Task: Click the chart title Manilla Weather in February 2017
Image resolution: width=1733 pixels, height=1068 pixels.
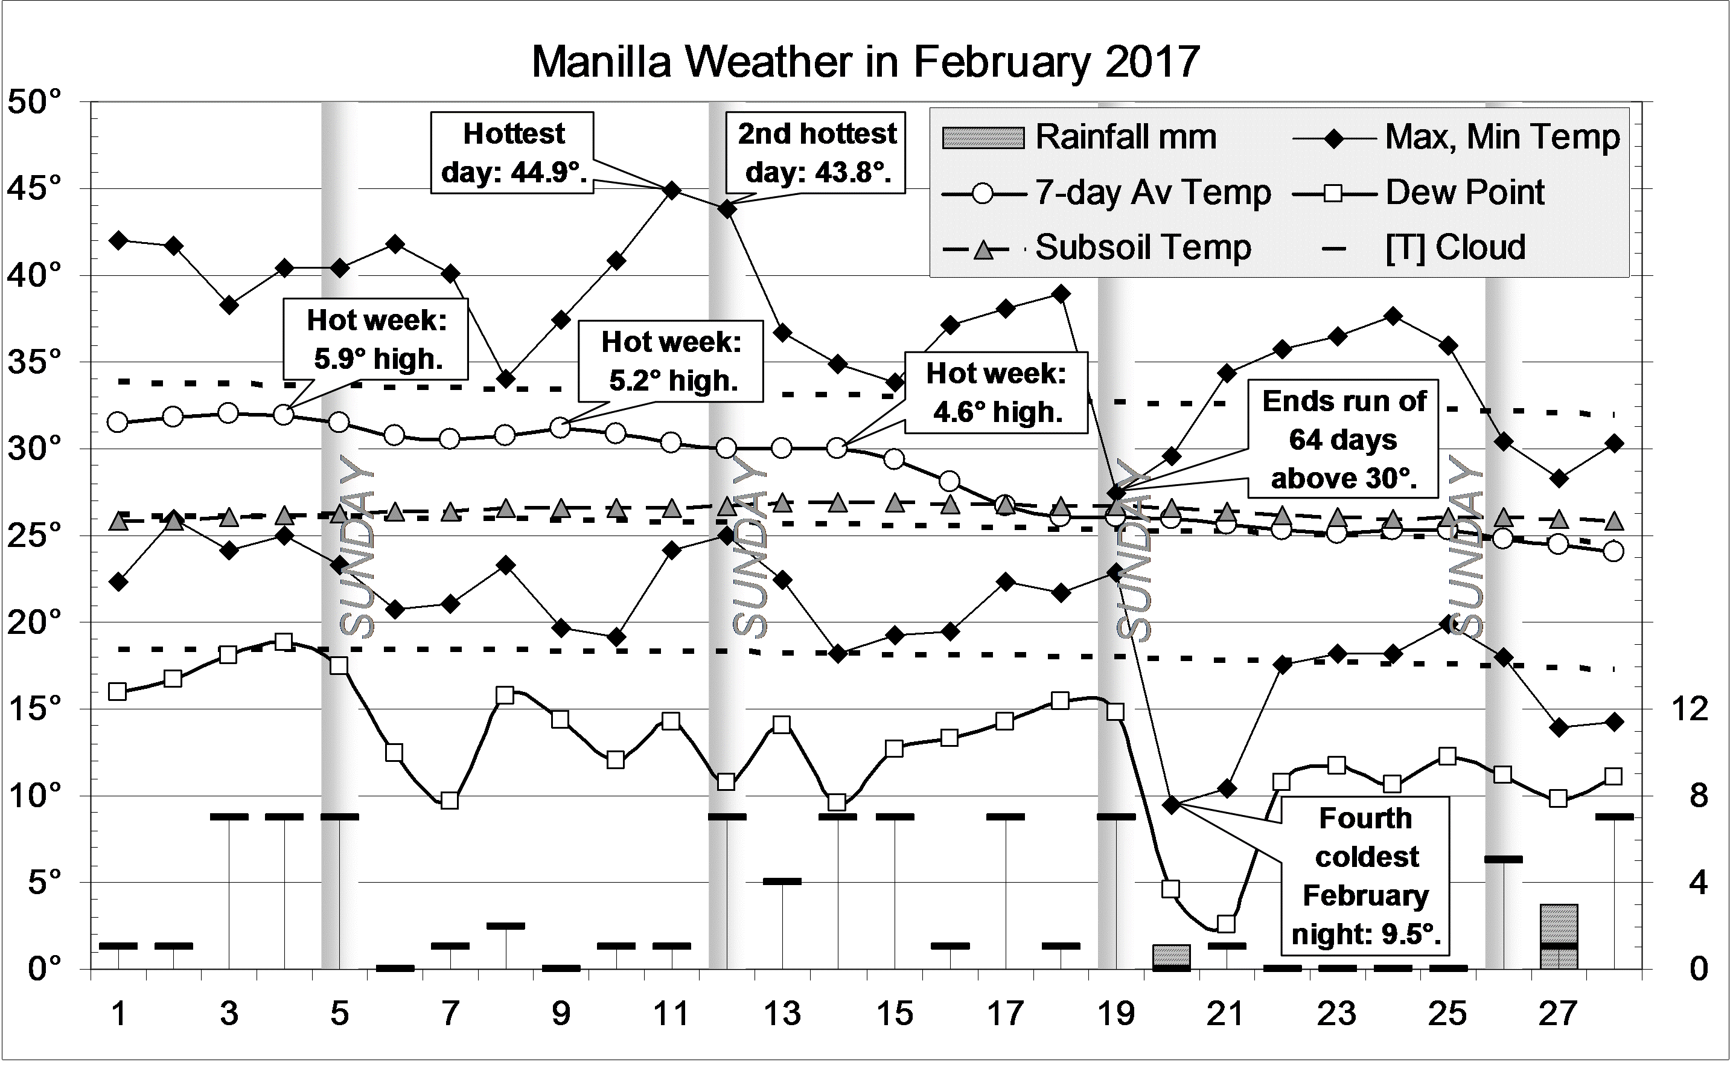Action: pos(865,62)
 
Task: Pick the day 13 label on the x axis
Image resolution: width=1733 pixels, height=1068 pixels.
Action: pos(782,1014)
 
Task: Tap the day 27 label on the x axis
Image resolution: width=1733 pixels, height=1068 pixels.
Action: pos(1557,1014)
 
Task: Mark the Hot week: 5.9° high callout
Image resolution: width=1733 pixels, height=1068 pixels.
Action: pos(377,340)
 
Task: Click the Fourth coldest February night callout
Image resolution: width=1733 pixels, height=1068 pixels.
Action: pos(1366,876)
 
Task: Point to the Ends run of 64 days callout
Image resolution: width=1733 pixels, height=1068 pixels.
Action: pos(1344,440)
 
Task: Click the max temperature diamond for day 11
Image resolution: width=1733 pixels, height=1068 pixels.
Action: pos(672,190)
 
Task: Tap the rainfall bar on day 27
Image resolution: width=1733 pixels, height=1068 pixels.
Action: pos(1559,936)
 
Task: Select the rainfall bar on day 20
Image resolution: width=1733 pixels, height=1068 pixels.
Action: pos(1172,956)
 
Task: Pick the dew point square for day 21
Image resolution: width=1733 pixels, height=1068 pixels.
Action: pos(1226,924)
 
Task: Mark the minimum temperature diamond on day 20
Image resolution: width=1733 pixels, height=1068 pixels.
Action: pos(1172,805)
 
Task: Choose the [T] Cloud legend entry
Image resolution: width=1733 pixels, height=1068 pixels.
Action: pos(1455,247)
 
